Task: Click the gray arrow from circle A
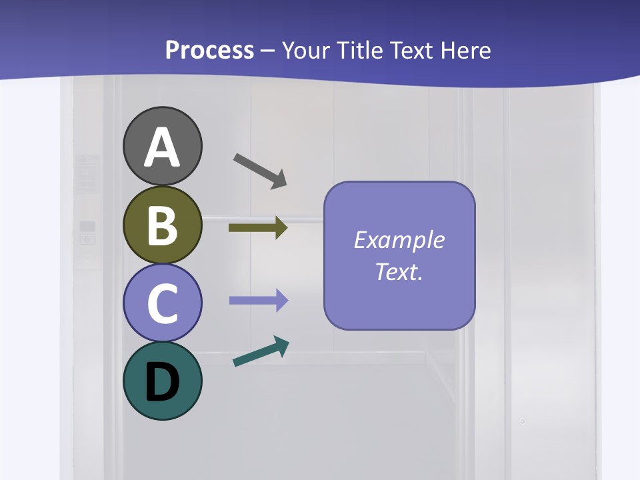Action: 260,171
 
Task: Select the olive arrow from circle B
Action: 258,228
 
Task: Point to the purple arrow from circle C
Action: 258,301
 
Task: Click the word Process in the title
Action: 209,51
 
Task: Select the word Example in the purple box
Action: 399,240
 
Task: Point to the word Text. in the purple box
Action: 399,271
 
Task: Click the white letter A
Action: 162,148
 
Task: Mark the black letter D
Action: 162,383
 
